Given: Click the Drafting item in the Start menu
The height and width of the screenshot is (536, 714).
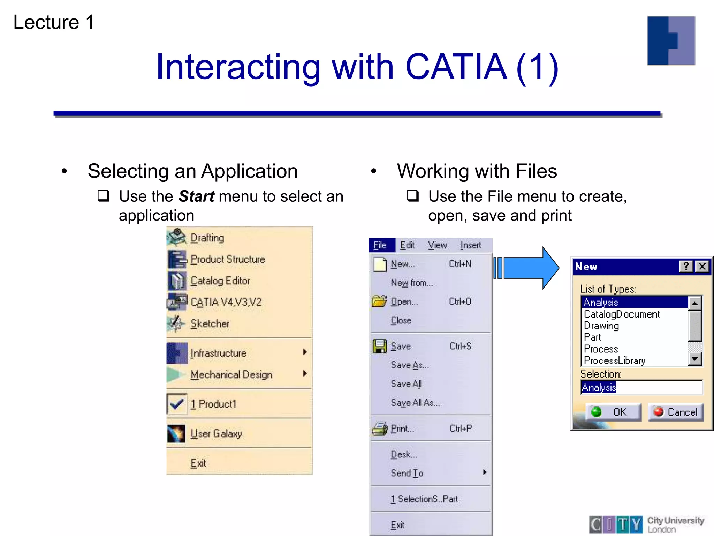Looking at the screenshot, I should (x=207, y=238).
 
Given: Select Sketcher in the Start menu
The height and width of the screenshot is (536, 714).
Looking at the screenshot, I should (x=210, y=323).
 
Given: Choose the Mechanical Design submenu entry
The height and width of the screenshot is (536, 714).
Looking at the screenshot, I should (x=231, y=374).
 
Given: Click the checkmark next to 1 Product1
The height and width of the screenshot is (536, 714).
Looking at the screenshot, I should (x=177, y=404).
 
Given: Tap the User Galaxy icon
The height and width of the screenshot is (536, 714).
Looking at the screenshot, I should (x=176, y=434).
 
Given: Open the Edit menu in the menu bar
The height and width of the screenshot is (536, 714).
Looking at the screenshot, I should (x=407, y=245).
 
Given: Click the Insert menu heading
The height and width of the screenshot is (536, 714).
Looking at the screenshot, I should (x=470, y=245).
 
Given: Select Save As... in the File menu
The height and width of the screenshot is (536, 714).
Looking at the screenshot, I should (x=410, y=365).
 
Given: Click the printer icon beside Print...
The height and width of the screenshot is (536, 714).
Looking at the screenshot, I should (x=379, y=429).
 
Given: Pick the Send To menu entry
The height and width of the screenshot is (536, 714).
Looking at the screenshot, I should (x=407, y=473).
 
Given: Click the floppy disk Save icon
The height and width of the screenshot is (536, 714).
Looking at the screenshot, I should (x=379, y=346).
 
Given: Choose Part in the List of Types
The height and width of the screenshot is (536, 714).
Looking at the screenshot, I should (x=592, y=337).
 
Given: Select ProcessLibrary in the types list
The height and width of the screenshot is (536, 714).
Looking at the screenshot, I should (x=614, y=360).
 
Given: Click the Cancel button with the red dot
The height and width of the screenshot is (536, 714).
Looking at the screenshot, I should (x=676, y=412).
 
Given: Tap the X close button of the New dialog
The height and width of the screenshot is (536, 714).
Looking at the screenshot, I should (x=702, y=267).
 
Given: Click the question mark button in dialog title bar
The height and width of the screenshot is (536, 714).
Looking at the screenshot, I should (x=686, y=267).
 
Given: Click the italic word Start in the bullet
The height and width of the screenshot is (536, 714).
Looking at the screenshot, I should (x=196, y=196).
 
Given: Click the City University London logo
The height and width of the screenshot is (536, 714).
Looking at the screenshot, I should (x=647, y=524).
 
